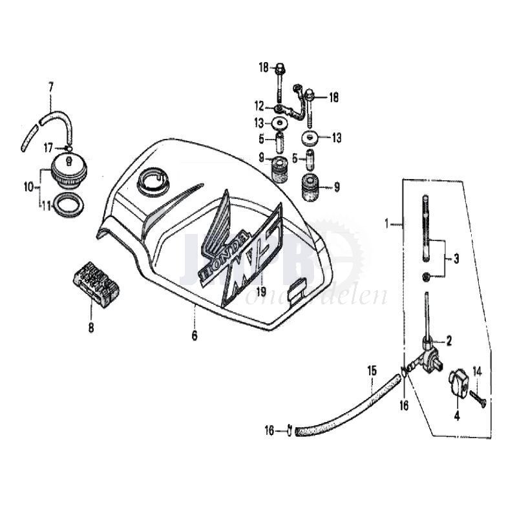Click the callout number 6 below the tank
pos(194,336)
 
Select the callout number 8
pos(91,328)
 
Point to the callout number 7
pos(50,86)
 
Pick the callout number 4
pos(456,416)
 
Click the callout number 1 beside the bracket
pos(388,224)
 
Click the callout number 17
pos(48,148)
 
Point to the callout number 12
pos(259,106)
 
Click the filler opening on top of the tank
pos(153,178)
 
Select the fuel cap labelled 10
pos(65,171)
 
